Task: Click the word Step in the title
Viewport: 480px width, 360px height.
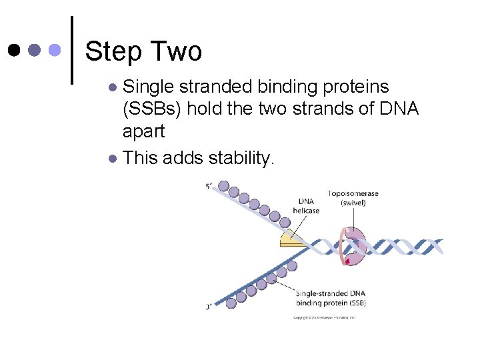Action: tap(113, 51)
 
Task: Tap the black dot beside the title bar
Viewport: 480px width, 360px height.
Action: tap(14, 50)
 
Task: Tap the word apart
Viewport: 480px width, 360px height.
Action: tap(144, 131)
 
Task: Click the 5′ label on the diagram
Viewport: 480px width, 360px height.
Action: tap(210, 187)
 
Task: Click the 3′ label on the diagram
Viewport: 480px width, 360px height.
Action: tap(210, 307)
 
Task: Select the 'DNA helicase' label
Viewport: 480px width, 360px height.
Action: tap(306, 206)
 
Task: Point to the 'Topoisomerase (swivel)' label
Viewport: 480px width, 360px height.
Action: tap(353, 198)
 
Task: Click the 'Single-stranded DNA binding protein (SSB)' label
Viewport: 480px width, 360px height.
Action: tap(330, 298)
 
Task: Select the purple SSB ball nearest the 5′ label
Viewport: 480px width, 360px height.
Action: tap(224, 186)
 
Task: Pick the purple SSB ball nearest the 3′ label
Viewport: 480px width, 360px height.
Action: tap(231, 303)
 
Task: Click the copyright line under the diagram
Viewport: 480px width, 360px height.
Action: tap(324, 317)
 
